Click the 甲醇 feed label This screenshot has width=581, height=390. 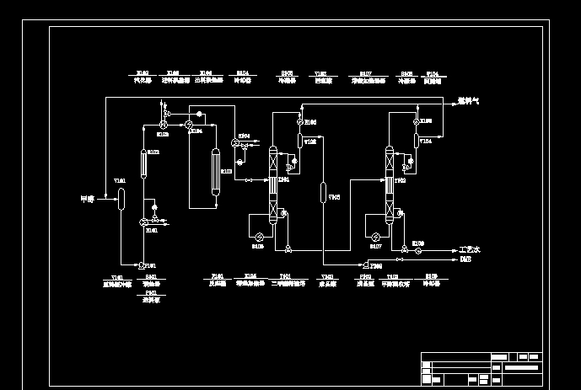click(86, 199)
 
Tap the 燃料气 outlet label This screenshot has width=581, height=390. click(469, 101)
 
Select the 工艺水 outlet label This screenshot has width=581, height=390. click(469, 250)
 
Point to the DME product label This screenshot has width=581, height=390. click(465, 260)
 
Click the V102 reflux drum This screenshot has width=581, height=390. click(299, 141)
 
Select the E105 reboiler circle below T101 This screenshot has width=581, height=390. click(261, 236)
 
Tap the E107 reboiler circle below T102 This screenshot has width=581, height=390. click(377, 236)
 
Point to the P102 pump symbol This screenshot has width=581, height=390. click(354, 264)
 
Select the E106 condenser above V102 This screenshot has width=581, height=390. click(299, 122)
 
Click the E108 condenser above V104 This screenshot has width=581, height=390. click(416, 122)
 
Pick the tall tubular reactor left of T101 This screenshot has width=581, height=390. click(215, 172)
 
